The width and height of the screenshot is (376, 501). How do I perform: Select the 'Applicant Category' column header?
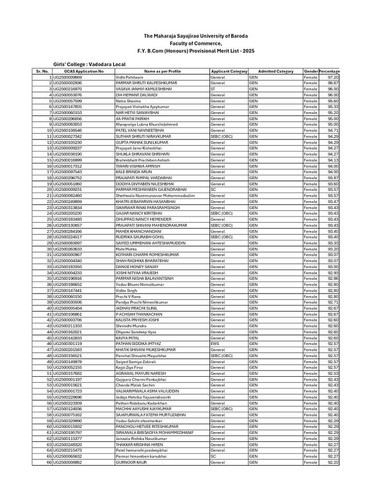[229, 71]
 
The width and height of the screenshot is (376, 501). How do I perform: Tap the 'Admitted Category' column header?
[275, 71]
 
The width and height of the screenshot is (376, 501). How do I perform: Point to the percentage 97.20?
[333, 77]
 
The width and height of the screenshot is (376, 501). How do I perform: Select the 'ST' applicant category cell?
[213, 89]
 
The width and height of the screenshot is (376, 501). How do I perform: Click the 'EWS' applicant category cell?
[214, 344]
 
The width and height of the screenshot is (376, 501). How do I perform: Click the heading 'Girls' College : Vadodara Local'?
[89, 65]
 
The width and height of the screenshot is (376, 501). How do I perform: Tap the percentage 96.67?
[333, 83]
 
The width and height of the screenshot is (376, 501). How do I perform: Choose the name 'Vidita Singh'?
[126, 291]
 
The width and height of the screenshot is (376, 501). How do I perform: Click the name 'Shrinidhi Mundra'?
[131, 326]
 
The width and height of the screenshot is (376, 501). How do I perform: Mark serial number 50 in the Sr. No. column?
[49, 367]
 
